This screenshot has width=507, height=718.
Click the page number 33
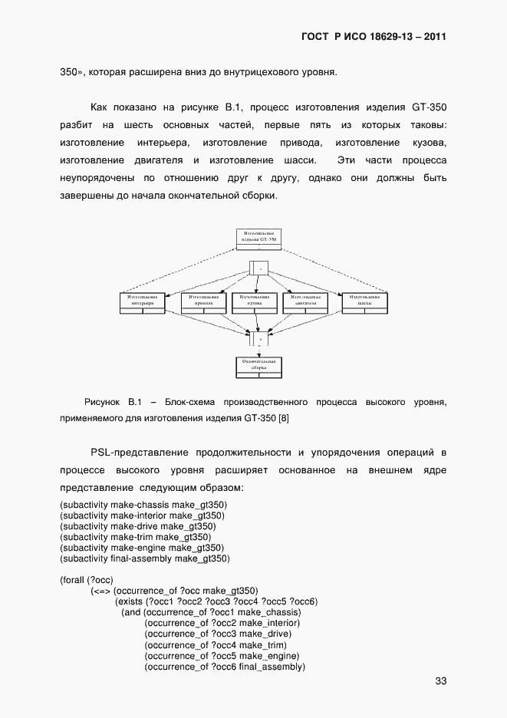coord(440,680)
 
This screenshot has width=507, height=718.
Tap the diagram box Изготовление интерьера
coord(143,301)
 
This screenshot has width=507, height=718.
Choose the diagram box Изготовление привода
coord(203,301)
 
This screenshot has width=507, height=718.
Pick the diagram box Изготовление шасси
coord(364,301)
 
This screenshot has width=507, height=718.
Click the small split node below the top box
coord(258,268)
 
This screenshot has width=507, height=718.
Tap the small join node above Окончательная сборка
coord(258,338)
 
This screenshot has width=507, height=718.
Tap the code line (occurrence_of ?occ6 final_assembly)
coord(225,667)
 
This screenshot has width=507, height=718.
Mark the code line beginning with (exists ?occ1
coord(216,601)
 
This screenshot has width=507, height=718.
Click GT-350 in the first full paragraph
coord(430,107)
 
